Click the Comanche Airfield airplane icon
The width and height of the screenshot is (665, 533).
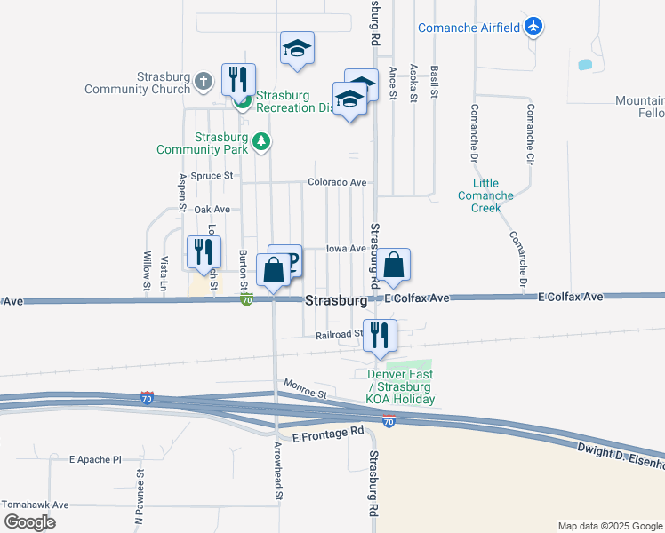[x=533, y=28]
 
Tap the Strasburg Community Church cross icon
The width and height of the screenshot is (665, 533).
[x=204, y=83]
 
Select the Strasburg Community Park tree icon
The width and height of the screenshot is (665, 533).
[x=260, y=140]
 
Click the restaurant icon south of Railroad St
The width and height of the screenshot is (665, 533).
[x=380, y=335]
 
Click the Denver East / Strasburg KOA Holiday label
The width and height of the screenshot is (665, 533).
[x=401, y=386]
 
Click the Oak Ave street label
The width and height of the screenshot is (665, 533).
[x=212, y=209]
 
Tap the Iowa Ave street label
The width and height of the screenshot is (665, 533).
[x=346, y=249]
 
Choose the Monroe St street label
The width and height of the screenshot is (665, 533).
[x=306, y=387]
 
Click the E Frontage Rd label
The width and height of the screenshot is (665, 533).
[x=328, y=432]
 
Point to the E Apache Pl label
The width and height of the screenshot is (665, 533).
[x=95, y=460]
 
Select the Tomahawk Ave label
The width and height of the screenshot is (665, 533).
[x=35, y=505]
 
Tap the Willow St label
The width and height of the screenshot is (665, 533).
[x=146, y=271]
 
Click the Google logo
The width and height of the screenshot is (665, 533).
[x=30, y=521]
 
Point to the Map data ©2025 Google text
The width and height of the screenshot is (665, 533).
[x=609, y=526]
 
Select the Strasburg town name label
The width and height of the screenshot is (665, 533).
[x=336, y=301]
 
